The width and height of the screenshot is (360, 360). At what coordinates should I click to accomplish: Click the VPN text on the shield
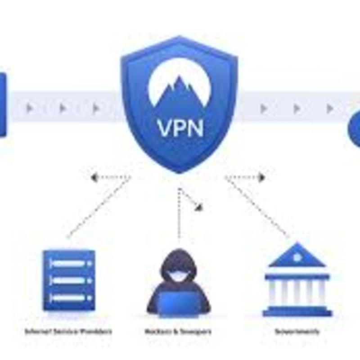pyautogui.click(x=180, y=127)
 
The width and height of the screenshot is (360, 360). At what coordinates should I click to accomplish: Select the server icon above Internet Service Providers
pyautogui.click(x=69, y=280)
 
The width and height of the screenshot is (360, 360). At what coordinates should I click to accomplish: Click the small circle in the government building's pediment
pyautogui.click(x=297, y=257)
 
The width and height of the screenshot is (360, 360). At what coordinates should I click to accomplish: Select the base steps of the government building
pyautogui.click(x=297, y=312)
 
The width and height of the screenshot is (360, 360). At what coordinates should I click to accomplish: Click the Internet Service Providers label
pyautogui.click(x=69, y=332)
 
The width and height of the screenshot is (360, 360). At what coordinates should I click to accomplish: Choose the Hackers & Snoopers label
pyautogui.click(x=178, y=332)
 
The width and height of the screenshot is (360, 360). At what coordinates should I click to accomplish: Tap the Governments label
pyautogui.click(x=297, y=332)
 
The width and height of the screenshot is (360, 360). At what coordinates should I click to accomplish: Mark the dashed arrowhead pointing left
pyautogui.click(x=94, y=177)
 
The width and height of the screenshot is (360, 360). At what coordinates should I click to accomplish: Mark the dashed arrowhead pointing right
pyautogui.click(x=261, y=177)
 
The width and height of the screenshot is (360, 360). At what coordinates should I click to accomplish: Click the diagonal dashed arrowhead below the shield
pyautogui.click(x=198, y=207)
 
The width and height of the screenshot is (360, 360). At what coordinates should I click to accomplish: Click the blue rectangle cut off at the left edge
pyautogui.click(x=3, y=105)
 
